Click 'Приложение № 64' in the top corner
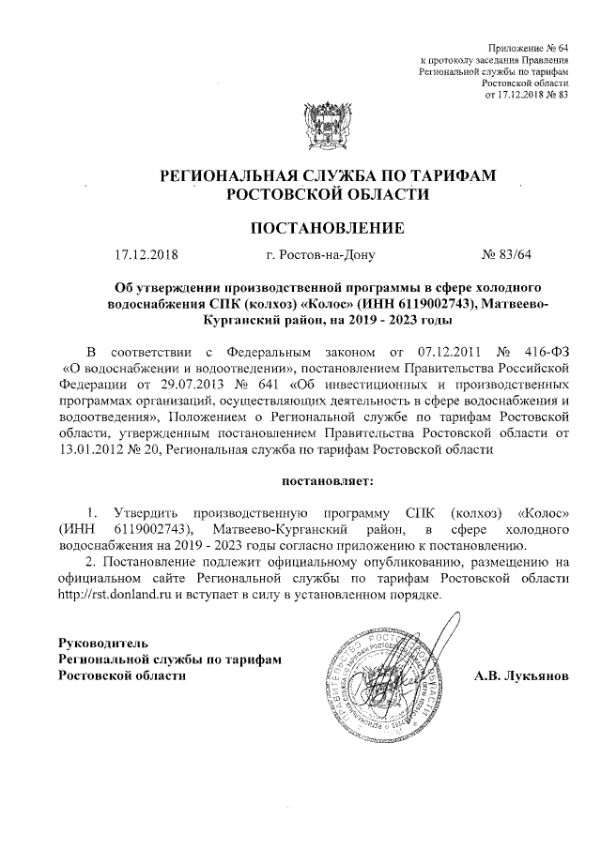(x=530, y=47)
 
